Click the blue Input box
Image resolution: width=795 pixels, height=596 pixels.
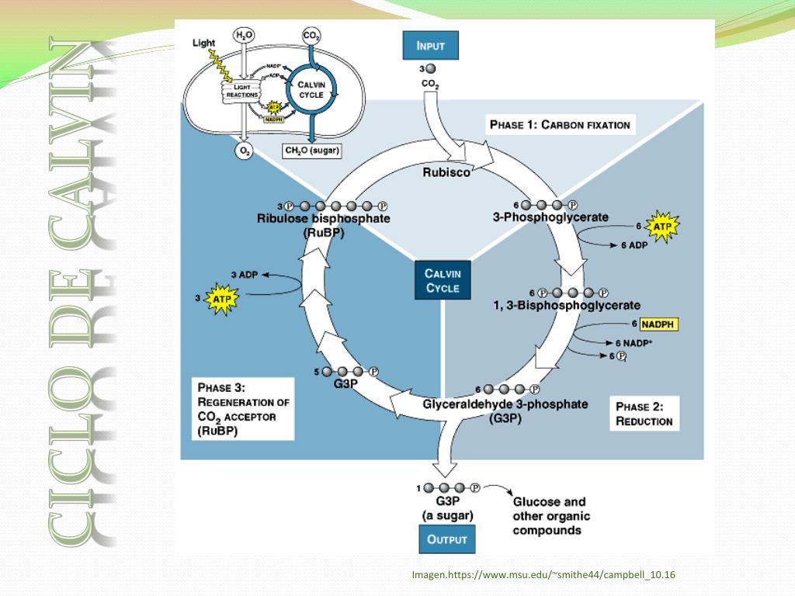click(430, 46)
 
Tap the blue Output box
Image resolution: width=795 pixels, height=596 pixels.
click(446, 540)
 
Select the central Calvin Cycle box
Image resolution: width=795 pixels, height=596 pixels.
click(443, 280)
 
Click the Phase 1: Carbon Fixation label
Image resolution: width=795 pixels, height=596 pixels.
click(559, 124)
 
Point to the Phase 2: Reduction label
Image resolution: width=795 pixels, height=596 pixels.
click(644, 414)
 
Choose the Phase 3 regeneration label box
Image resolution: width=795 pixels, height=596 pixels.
click(243, 409)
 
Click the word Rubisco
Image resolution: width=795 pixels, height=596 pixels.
click(446, 172)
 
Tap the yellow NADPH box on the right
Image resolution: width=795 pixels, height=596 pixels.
click(659, 324)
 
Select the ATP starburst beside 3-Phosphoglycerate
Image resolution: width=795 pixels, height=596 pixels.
click(661, 227)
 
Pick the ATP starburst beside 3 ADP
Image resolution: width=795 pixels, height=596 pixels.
click(221, 297)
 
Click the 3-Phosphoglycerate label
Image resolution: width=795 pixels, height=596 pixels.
click(550, 217)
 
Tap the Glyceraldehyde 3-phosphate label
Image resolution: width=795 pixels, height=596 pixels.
click(505, 404)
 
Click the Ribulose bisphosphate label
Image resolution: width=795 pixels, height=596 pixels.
click(324, 219)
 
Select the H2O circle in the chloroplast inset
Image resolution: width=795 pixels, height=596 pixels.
click(244, 35)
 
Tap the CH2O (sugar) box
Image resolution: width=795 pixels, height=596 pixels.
click(312, 151)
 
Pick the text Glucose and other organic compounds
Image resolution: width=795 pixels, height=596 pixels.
click(549, 516)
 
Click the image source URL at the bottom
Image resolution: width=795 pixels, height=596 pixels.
click(543, 575)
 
